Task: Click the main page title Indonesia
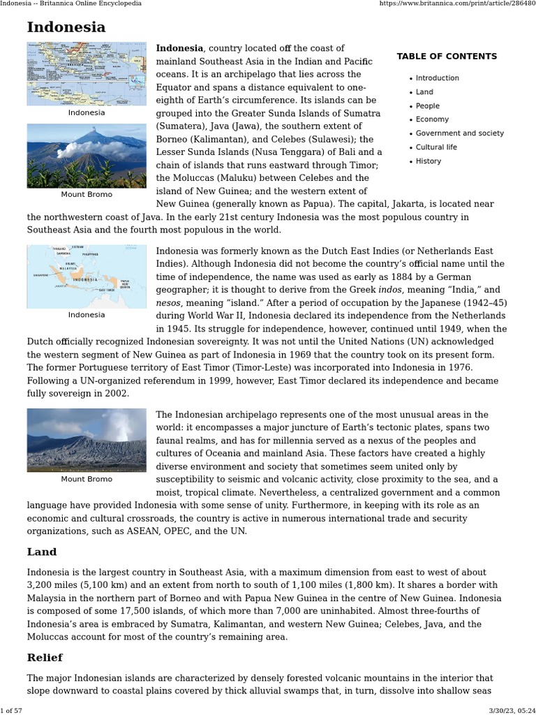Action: coord(66,27)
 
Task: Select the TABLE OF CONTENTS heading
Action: coord(447,57)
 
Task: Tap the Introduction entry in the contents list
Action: coord(437,78)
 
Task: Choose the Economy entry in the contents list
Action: coord(432,119)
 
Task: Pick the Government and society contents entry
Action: coord(459,133)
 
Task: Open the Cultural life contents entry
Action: coord(436,147)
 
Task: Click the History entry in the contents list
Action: coord(429,161)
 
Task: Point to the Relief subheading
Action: coord(45,658)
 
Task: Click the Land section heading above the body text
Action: coord(42,552)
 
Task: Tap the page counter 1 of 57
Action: coord(13,709)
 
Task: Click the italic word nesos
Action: coord(168,303)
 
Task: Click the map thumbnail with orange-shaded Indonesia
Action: coord(87,277)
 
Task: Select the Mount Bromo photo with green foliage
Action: coord(87,156)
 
